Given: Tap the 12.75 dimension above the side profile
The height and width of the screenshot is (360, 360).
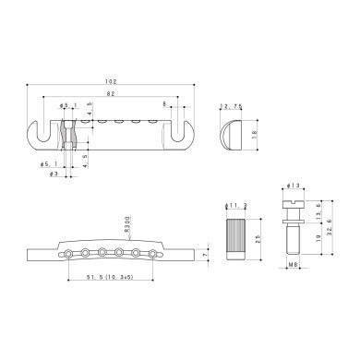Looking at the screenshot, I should coord(231,107).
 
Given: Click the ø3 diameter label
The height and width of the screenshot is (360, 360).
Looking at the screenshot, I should coord(54,174).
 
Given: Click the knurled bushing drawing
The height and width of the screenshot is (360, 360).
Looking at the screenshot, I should coord(236,239).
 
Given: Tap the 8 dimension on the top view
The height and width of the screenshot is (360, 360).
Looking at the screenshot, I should coord(164,104).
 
